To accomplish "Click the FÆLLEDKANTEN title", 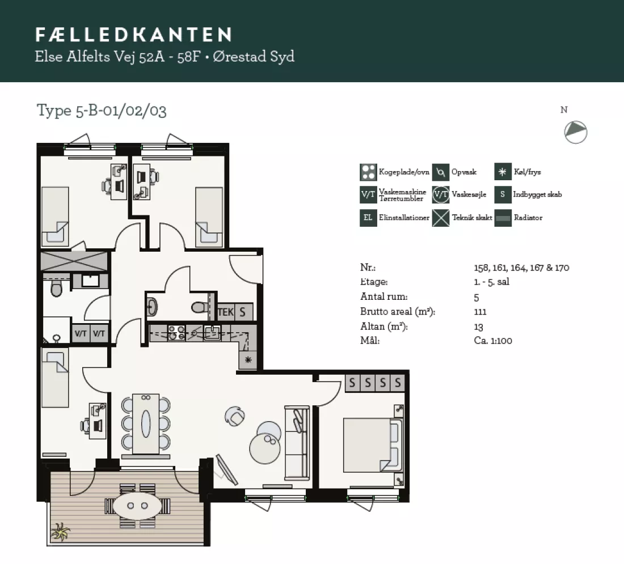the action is pyautogui.click(x=133, y=35).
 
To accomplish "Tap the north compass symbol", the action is pyautogui.click(x=575, y=132).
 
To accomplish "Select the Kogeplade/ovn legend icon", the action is pyautogui.click(x=368, y=172).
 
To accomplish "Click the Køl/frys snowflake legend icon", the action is pyautogui.click(x=503, y=172).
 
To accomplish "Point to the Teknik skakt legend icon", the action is pyautogui.click(x=441, y=218).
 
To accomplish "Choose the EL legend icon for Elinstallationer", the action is pyautogui.click(x=368, y=218).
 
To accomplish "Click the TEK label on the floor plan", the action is pyautogui.click(x=225, y=312).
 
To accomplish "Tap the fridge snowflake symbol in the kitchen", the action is pyautogui.click(x=248, y=361).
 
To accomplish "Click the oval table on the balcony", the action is pyautogui.click(x=137, y=506).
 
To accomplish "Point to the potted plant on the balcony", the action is pyautogui.click(x=60, y=532).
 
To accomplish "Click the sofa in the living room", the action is pyautogui.click(x=297, y=442).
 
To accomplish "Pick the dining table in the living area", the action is pyautogui.click(x=146, y=423).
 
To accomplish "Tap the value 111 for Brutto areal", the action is pyautogui.click(x=480, y=312).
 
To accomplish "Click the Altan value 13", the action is pyautogui.click(x=478, y=327).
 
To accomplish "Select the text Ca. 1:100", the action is pyautogui.click(x=493, y=341).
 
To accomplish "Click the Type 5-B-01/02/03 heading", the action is pyautogui.click(x=102, y=110).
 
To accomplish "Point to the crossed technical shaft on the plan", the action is pyautogui.click(x=74, y=261).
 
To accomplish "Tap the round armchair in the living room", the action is pyautogui.click(x=234, y=415).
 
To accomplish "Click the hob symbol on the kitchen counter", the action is pyautogui.click(x=176, y=333).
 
